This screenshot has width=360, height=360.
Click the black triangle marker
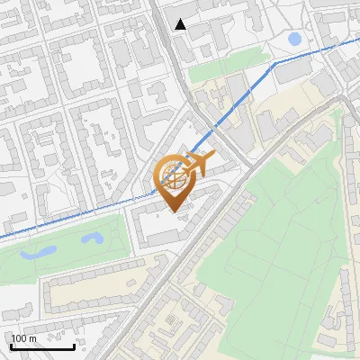coord(181,24)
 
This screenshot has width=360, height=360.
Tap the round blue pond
coord(294,39)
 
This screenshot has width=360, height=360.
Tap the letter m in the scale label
coord(32,338)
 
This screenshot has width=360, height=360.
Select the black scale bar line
coord(42,346)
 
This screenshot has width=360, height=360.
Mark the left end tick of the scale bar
coord(11,345)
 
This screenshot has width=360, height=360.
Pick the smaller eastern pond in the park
coord(93,238)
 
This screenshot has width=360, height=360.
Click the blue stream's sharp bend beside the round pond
coord(274,62)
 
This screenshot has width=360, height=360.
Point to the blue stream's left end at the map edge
coord(2,238)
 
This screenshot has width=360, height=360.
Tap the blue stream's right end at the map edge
coord(357,40)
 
